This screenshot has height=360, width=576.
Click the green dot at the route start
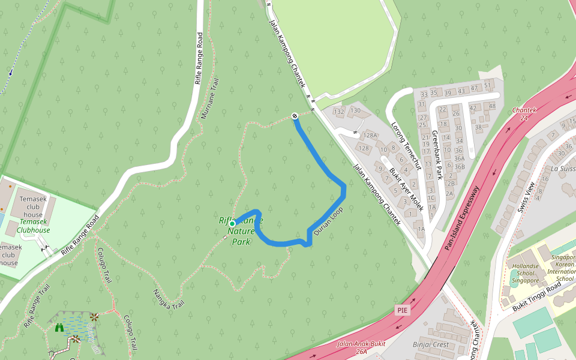tap(232, 224)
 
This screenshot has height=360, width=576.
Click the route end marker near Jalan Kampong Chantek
tap(295, 115)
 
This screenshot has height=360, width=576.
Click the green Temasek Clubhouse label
tap(33, 226)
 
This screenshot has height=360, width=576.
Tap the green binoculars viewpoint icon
tap(59, 328)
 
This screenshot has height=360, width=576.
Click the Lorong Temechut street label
tap(407, 147)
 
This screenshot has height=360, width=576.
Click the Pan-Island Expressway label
tap(462, 217)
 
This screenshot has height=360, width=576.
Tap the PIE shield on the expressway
tap(403, 310)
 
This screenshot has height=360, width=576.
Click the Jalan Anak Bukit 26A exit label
tap(360, 347)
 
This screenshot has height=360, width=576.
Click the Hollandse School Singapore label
tap(524, 272)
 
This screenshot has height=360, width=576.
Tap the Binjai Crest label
tap(431, 344)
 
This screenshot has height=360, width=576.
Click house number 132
tap(339, 112)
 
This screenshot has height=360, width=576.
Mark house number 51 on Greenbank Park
tap(488, 85)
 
